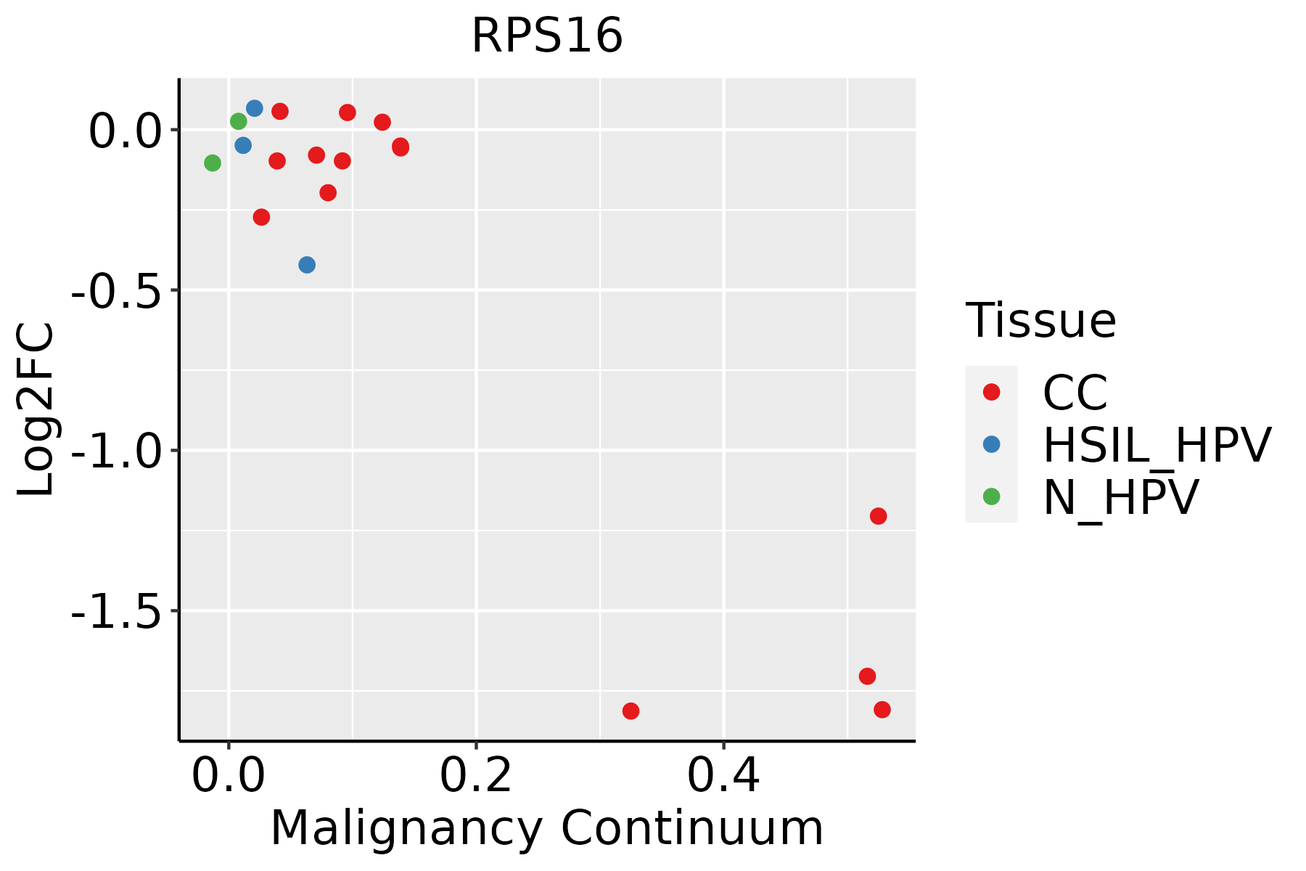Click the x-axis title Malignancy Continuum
pos(547,828)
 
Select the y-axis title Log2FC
pos(36,409)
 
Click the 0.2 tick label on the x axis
pos(475,777)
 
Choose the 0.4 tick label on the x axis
pos(723,777)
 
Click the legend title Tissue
pos(1040,321)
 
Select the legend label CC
pos(1075,393)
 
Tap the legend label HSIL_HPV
pos(1157,445)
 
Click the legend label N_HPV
pos(1120,497)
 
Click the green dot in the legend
pos(991,496)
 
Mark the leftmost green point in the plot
pos(213,163)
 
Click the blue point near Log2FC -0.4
pos(307,265)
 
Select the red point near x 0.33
pos(631,711)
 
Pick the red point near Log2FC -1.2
pos(878,516)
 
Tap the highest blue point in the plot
pos(254,108)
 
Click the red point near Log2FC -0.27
pos(261,217)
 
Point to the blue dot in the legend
pos(991,444)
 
